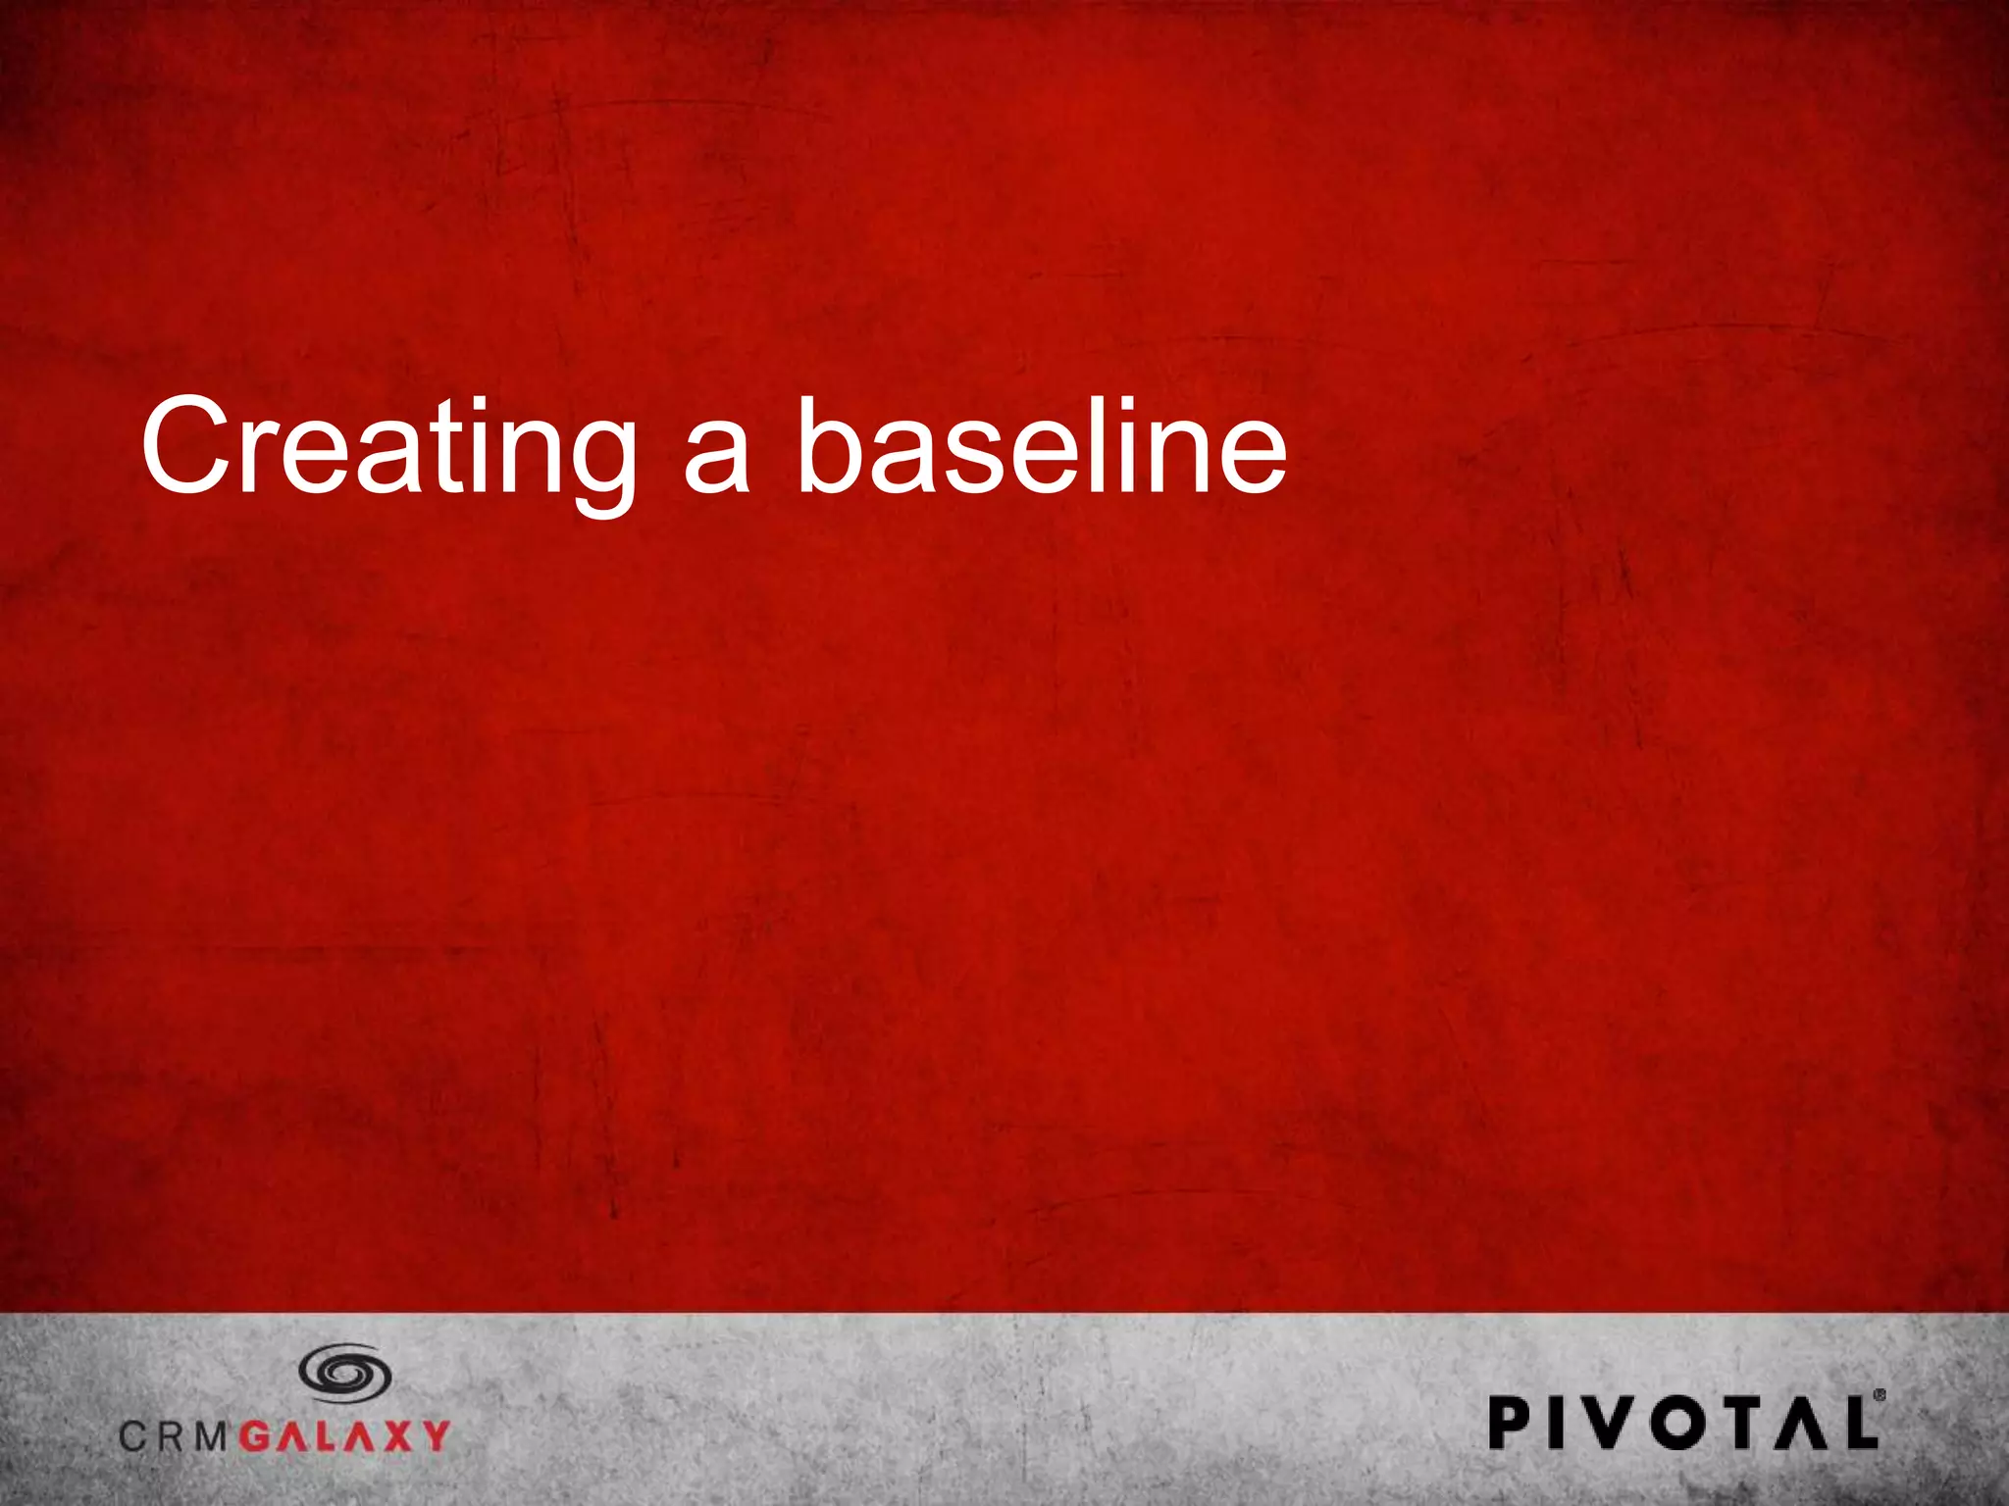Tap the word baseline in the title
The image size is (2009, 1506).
(x=1040, y=446)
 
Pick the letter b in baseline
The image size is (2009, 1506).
(x=830, y=446)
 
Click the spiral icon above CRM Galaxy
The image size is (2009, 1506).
(x=345, y=1372)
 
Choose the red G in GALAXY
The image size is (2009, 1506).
(x=256, y=1436)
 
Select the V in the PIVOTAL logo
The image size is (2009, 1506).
(x=1609, y=1423)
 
